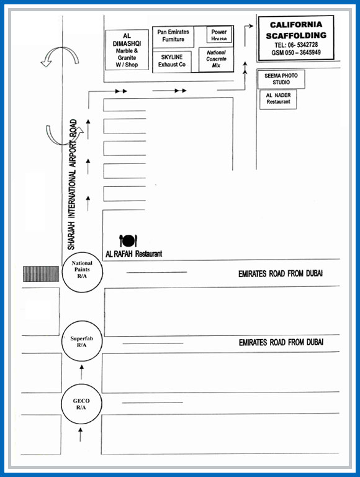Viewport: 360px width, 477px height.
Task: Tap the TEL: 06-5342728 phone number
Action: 296,45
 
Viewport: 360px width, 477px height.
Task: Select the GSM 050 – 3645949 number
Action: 296,52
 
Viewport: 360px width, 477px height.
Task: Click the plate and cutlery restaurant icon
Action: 128,240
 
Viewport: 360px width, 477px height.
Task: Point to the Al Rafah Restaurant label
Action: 134,253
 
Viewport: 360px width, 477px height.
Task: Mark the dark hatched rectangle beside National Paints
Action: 41,274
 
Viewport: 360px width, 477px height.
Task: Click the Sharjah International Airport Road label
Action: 72,184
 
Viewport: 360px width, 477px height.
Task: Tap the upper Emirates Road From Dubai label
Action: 281,274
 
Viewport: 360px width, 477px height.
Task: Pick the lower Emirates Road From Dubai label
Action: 281,343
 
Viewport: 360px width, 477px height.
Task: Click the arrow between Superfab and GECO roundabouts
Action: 81,373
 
